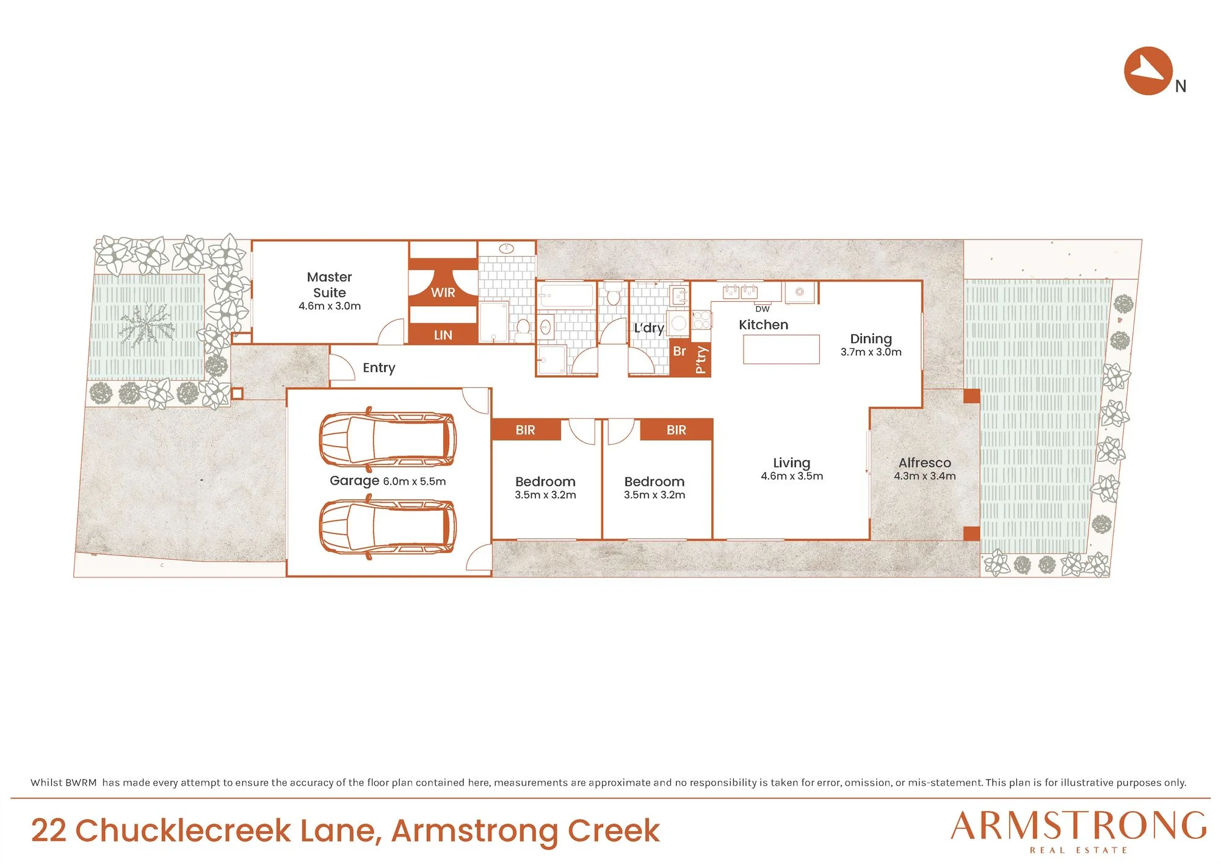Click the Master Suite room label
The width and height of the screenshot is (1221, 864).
pyautogui.click(x=330, y=285)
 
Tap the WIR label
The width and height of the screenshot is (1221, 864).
pyautogui.click(x=443, y=293)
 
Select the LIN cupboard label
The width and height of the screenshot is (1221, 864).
pyautogui.click(x=443, y=335)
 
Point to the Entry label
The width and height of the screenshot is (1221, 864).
pyautogui.click(x=379, y=368)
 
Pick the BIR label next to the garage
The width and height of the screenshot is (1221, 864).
pyautogui.click(x=525, y=430)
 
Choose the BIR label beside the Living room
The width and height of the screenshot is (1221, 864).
pyautogui.click(x=676, y=430)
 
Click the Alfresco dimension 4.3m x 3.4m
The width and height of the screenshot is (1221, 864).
pyautogui.click(x=925, y=476)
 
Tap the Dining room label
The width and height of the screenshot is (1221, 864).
pyautogui.click(x=871, y=339)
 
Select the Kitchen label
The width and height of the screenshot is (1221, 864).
pyautogui.click(x=764, y=325)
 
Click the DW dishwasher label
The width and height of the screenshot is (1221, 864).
pyautogui.click(x=763, y=309)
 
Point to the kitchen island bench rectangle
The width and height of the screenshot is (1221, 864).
pyautogui.click(x=781, y=350)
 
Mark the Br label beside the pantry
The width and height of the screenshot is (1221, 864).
pyautogui.click(x=679, y=351)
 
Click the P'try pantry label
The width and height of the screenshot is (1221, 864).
pyautogui.click(x=701, y=359)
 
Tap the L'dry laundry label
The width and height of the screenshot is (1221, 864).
pyautogui.click(x=649, y=328)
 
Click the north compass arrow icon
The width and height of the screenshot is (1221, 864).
pyautogui.click(x=1148, y=71)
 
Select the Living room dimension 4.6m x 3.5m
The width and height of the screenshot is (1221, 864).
pyautogui.click(x=792, y=476)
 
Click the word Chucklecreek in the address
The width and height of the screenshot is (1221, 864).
pyautogui.click(x=183, y=830)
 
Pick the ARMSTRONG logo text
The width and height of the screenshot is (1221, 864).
pyautogui.click(x=1079, y=826)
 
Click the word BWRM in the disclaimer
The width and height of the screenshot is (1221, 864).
pyautogui.click(x=81, y=783)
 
